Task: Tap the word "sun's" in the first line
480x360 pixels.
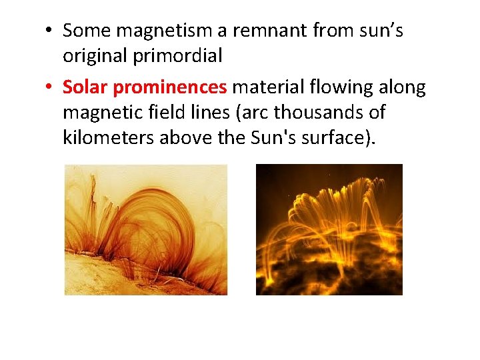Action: coord(380,31)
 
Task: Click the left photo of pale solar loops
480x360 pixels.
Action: coord(145,229)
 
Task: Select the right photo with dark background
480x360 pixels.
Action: coord(329,229)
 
